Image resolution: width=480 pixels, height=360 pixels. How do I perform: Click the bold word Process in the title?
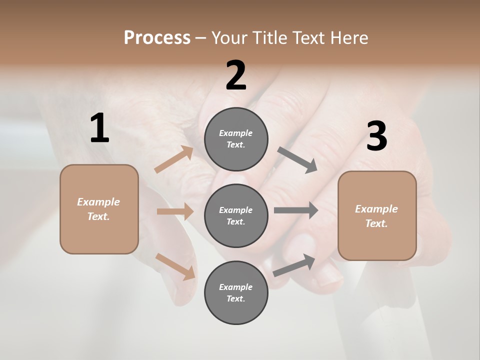pos(157,37)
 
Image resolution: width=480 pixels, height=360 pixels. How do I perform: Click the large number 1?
pos(99,128)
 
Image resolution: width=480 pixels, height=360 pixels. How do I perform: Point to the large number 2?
pos(236,75)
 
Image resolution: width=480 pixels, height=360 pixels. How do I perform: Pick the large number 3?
pos(376,136)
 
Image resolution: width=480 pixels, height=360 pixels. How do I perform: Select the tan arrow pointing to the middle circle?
pos(175,211)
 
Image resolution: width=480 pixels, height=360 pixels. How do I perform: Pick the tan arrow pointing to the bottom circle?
pos(175,266)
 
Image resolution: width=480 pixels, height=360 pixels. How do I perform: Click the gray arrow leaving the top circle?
pos(297,160)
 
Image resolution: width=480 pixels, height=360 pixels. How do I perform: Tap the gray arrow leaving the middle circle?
pos(296,210)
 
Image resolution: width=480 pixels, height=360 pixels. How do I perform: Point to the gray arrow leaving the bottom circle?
pos(294,265)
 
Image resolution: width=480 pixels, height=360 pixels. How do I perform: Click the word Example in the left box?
pos(98,202)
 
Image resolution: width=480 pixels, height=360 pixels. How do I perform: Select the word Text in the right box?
pos(375,223)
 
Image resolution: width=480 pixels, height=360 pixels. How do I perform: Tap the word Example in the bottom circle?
pos(235,287)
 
